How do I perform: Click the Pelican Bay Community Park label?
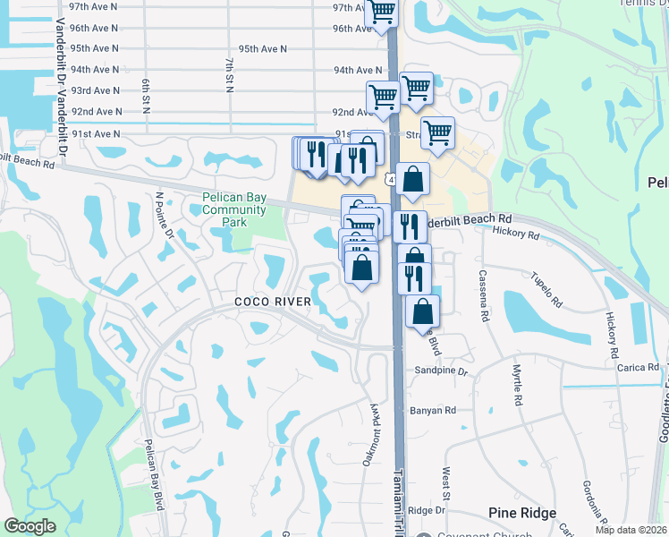pyautogui.click(x=233, y=209)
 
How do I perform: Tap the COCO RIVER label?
pyautogui.click(x=273, y=302)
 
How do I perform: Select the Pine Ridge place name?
pyautogui.click(x=522, y=513)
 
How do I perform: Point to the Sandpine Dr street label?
pyautogui.click(x=442, y=370)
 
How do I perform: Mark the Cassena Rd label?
pyautogui.click(x=484, y=295)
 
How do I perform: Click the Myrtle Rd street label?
pyautogui.click(x=517, y=387)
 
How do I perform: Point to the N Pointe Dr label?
pyautogui.click(x=164, y=215)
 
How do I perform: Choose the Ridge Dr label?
pyautogui.click(x=427, y=510)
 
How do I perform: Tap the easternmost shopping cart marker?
pyautogui.click(x=437, y=132)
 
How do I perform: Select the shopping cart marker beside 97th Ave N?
pyautogui.click(x=382, y=12)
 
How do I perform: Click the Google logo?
pyautogui.click(x=30, y=526)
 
